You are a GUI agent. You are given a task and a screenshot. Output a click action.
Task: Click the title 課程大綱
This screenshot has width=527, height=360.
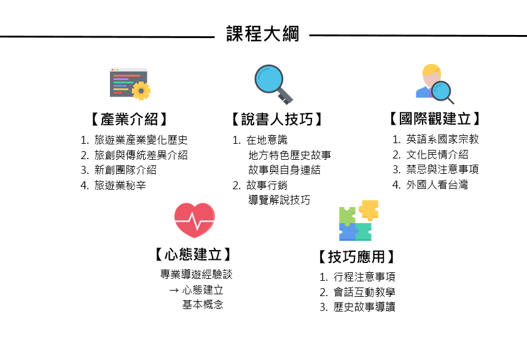click(x=262, y=34)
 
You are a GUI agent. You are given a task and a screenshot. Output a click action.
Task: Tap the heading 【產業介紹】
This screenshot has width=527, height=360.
click(x=128, y=119)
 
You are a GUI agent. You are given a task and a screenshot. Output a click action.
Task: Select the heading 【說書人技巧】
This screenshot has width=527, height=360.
click(x=277, y=119)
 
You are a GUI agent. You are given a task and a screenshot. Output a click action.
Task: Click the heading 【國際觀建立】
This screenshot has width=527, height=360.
click(x=435, y=119)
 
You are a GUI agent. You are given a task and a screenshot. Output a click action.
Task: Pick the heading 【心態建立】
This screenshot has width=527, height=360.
click(x=193, y=254)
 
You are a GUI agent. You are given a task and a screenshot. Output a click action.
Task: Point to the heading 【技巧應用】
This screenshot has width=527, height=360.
click(x=356, y=256)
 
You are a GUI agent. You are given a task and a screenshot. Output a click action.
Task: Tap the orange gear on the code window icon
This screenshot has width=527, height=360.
click(x=141, y=91)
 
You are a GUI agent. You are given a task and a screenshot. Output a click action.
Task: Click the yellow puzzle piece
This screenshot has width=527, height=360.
click(x=369, y=209)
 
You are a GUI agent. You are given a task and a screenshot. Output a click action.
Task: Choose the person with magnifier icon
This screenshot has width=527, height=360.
click(x=434, y=83)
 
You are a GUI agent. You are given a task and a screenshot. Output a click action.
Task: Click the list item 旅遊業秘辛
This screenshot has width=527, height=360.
click(x=120, y=185)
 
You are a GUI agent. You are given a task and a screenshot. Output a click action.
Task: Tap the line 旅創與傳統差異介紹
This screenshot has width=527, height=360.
click(x=141, y=155)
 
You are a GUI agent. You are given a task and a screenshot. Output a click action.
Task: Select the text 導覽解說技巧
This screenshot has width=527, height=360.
click(x=279, y=200)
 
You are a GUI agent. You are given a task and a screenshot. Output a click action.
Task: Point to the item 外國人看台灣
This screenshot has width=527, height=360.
click(x=437, y=184)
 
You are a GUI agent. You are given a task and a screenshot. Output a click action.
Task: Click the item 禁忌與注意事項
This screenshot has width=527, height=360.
click(x=442, y=170)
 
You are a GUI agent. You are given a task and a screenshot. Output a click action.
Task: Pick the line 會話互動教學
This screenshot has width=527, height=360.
click(x=364, y=292)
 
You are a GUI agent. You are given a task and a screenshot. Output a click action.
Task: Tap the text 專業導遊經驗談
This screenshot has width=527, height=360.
click(x=197, y=274)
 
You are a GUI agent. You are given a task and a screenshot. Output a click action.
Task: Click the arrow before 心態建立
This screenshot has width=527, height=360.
click(x=173, y=289)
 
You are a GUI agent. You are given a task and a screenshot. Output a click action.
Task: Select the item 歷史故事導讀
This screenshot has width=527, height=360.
click(x=364, y=307)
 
